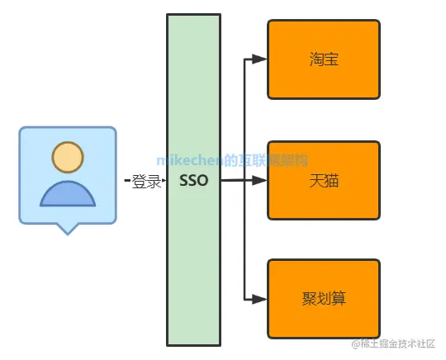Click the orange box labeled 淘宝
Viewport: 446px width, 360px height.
pyautogui.click(x=323, y=59)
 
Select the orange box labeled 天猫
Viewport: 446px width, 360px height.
pyautogui.click(x=323, y=179)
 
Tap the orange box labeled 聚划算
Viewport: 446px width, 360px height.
pyautogui.click(x=323, y=298)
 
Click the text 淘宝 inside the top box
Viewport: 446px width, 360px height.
pyautogui.click(x=322, y=59)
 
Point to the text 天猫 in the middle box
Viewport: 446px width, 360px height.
pyautogui.click(x=322, y=179)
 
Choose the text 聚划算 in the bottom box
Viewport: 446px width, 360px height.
pyautogui.click(x=322, y=299)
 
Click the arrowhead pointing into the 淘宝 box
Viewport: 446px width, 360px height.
pyautogui.click(x=259, y=59)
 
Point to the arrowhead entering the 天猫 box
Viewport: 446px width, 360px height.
pyautogui.click(x=259, y=179)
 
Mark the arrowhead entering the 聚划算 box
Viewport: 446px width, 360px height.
pyautogui.click(x=259, y=298)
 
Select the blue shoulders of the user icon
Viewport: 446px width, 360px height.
pyautogui.click(x=68, y=194)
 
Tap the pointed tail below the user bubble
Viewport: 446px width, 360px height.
pyautogui.click(x=68, y=229)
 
